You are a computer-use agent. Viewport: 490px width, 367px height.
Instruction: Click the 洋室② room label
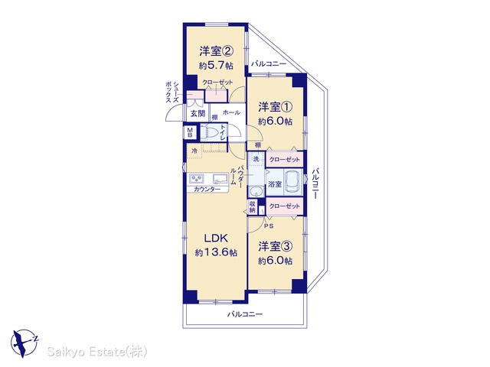coord(216,51)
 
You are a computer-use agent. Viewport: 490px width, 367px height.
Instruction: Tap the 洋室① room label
coord(275,107)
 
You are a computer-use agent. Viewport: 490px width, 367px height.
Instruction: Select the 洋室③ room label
coord(275,246)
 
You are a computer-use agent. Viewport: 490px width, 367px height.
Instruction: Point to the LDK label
coord(216,239)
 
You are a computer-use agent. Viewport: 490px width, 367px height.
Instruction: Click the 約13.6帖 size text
coord(216,252)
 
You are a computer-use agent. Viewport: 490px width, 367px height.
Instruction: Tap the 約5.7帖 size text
coord(216,66)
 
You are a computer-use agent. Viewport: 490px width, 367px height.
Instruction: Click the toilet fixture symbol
coord(209,132)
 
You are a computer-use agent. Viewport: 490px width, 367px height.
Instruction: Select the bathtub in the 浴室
coord(293,183)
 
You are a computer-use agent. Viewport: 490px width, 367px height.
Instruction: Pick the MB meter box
coord(190,132)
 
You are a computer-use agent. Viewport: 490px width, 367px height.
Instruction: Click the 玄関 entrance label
coord(198,114)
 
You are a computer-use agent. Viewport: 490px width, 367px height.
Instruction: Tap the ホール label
coord(231,112)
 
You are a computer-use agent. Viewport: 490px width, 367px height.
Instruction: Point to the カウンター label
coord(207,189)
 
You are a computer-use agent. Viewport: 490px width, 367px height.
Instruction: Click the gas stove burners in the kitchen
coord(197,178)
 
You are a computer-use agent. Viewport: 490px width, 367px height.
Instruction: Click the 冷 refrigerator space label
coord(194,151)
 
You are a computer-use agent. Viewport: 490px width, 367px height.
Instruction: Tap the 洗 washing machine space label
coord(256,159)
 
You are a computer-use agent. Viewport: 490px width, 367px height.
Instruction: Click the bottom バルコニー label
coord(245,314)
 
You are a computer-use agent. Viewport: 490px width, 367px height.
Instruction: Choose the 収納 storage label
coord(253,206)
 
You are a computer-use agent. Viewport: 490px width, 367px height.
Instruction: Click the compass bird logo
coord(24,343)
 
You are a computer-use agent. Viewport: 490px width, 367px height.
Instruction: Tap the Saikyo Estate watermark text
coord(97,352)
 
